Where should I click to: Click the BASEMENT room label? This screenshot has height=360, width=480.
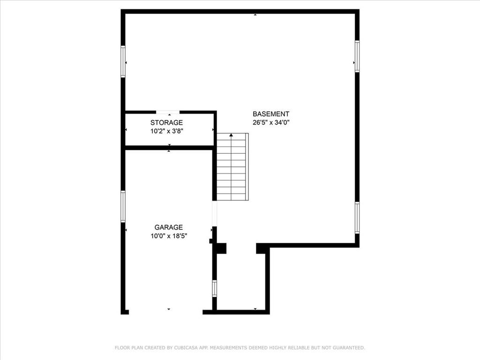coord(271,114)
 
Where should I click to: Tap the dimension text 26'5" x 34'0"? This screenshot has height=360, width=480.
coord(271,122)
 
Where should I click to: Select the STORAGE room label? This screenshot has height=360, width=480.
coord(166,123)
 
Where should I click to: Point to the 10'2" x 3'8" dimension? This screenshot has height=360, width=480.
coord(166,131)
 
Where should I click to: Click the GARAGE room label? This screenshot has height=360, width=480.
coord(169,227)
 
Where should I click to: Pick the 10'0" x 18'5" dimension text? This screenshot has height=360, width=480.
coord(169,236)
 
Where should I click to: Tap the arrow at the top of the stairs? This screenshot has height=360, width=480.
coord(231,135)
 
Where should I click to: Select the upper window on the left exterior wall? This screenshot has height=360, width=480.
coord(123,61)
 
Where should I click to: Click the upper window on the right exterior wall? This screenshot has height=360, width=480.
coord(357,56)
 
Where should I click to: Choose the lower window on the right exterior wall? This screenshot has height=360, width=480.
coord(357,217)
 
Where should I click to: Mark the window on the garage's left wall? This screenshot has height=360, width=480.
coord(123,206)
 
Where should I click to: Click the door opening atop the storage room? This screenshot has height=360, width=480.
coord(168,112)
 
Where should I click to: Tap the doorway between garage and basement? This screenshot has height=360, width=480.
coord(214,214)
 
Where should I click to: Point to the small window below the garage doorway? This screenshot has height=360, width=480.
coord(214,288)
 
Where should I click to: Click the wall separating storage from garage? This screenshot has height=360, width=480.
coord(169,148)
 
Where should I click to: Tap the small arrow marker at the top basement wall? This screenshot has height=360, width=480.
coord(255,15)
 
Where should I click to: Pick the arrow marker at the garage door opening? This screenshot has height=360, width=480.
coord(169,309)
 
